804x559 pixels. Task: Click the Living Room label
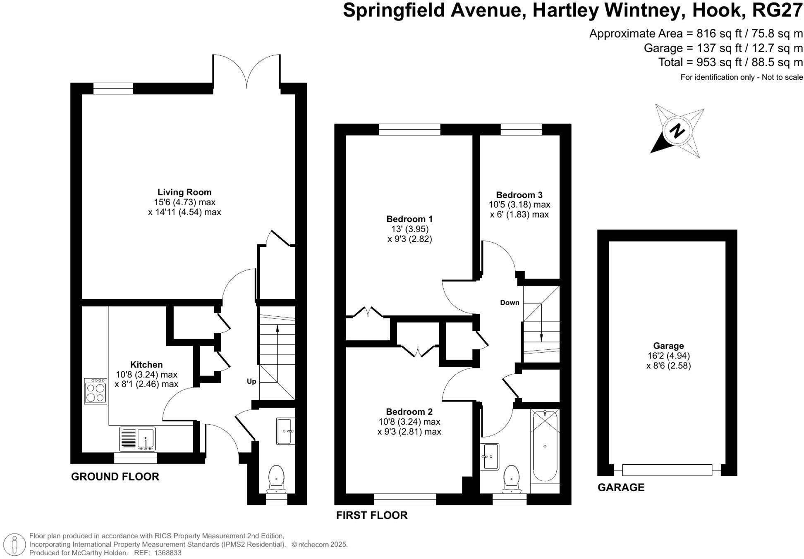[184, 192]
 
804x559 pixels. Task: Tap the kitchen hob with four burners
[96, 391]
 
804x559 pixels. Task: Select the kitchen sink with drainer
[138, 439]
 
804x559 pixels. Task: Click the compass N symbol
[677, 131]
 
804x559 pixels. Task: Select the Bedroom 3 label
[519, 195]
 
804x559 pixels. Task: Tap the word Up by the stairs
[251, 381]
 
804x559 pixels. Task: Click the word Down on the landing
[510, 303]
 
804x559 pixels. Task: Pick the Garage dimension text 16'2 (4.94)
[668, 356]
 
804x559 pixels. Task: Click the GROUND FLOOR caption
[115, 477]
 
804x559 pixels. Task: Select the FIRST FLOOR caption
[372, 515]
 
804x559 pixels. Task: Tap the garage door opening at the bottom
[667, 470]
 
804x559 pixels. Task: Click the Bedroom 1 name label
[409, 219]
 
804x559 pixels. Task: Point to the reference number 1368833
[167, 553]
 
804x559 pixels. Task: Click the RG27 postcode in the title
[777, 10]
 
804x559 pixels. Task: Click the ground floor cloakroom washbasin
[285, 431]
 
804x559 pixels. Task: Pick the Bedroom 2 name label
[409, 412]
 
